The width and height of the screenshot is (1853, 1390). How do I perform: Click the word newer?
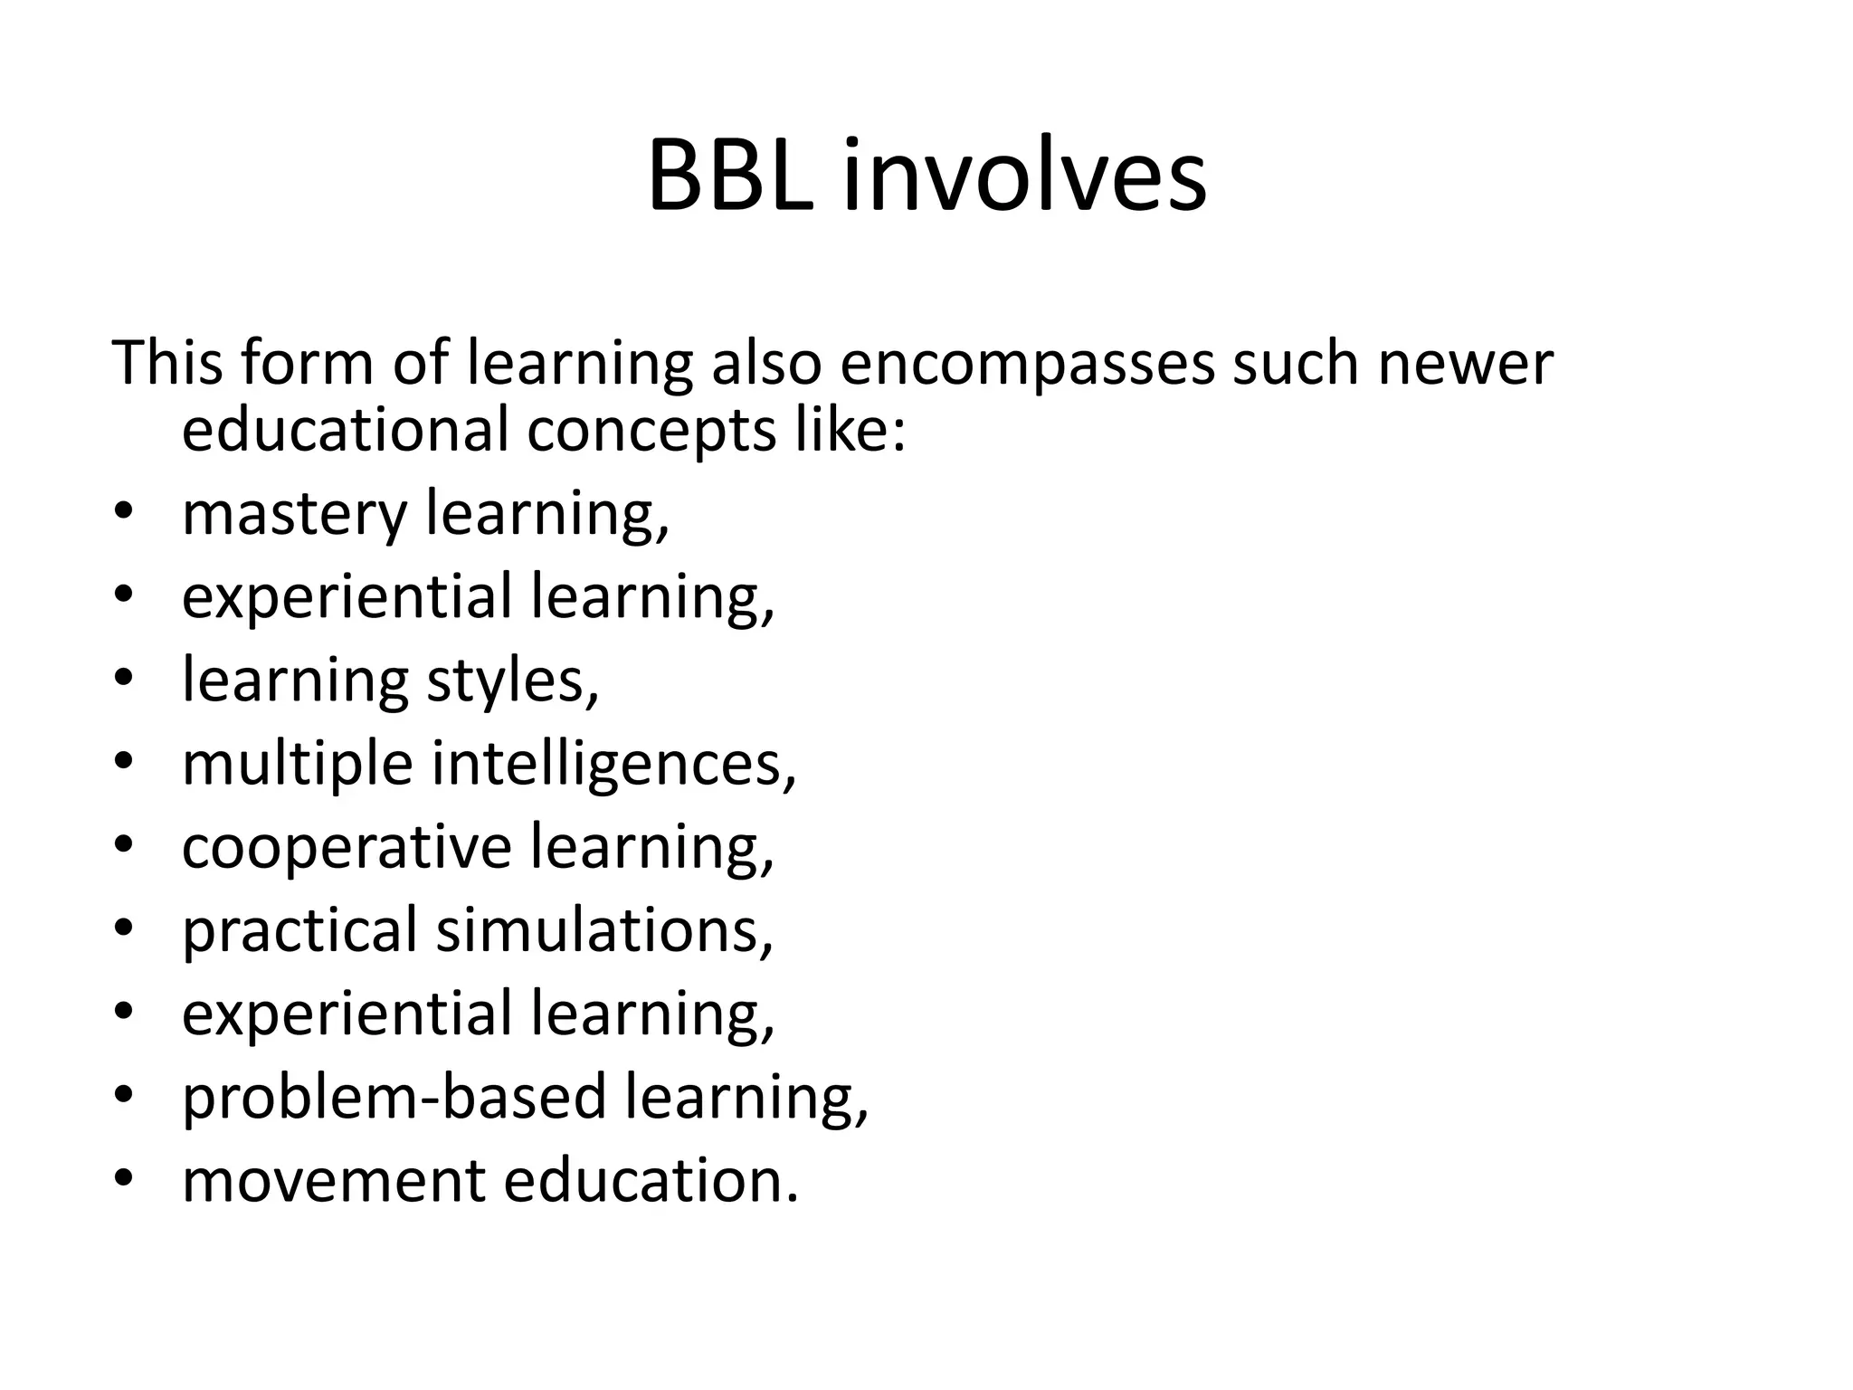[x=1465, y=364]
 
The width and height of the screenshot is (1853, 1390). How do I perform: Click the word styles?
[x=512, y=681]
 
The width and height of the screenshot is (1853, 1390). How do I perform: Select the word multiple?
[x=298, y=765]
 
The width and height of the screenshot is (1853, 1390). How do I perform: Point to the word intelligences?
[x=613, y=765]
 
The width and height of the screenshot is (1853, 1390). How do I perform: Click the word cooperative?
[x=347, y=848]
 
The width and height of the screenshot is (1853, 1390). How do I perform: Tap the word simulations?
[x=604, y=930]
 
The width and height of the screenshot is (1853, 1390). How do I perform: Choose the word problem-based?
[x=394, y=1097]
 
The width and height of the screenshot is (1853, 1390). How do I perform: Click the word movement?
[x=334, y=1181]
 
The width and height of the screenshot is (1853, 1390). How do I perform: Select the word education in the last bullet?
[x=651, y=1181]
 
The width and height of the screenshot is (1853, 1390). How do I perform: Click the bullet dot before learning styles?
[x=124, y=680]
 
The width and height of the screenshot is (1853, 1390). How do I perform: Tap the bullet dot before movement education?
[x=124, y=1179]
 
